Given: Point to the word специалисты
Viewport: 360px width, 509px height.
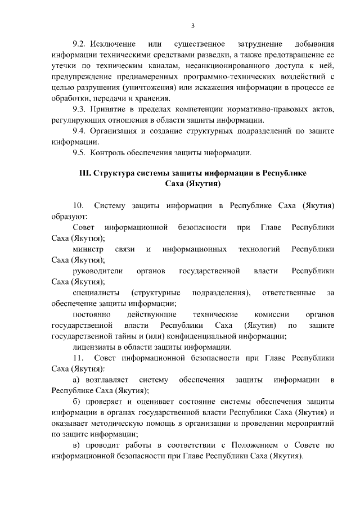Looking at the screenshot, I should coord(96,293).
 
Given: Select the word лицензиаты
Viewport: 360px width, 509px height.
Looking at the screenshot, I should coord(94,347).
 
